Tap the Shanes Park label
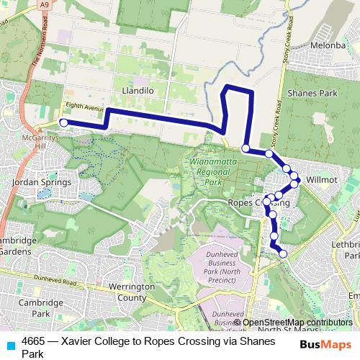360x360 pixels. (x=312, y=94)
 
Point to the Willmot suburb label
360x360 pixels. (x=321, y=175)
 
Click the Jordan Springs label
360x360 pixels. (x=42, y=182)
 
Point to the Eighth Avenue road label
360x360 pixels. (x=80, y=106)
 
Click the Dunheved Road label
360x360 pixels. (x=60, y=279)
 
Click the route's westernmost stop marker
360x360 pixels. (x=63, y=123)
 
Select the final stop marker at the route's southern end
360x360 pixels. (x=283, y=253)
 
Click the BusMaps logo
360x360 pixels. (x=325, y=345)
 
